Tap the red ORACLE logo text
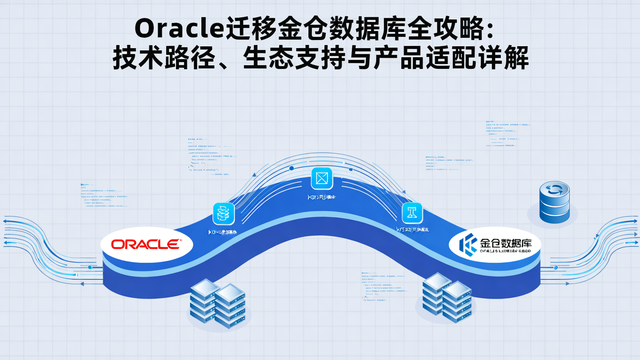click(146, 244)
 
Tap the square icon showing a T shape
click(412, 212)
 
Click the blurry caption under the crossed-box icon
click(321, 197)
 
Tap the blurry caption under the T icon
click(412, 230)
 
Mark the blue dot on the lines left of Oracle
click(90, 267)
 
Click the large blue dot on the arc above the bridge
click(292, 168)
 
